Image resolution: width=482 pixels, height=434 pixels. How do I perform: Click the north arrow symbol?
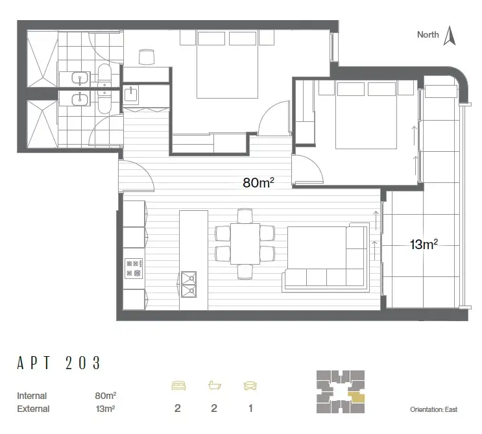tap(448, 36)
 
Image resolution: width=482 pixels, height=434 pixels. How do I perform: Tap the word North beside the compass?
tap(428, 35)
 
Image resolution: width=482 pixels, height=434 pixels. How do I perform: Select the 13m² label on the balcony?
tap(424, 245)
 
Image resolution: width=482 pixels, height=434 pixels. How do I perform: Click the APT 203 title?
tap(60, 363)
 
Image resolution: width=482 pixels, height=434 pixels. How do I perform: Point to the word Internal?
tap(32, 395)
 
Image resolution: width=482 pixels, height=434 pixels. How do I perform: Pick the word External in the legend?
tap(33, 409)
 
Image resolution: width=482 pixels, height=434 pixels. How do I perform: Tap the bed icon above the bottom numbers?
tap(178, 386)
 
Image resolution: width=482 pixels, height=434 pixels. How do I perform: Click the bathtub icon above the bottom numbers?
tap(213, 386)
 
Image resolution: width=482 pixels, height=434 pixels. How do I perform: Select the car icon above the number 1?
tap(250, 386)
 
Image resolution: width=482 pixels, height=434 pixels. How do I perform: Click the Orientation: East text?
tap(433, 410)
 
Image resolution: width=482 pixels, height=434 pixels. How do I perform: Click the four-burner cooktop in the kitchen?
tap(134, 267)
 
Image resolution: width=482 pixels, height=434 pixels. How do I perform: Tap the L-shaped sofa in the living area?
tap(324, 259)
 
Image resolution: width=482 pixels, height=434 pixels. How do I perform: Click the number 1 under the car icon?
tap(250, 409)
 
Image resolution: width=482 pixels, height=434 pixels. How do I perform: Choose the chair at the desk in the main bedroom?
tap(147, 58)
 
